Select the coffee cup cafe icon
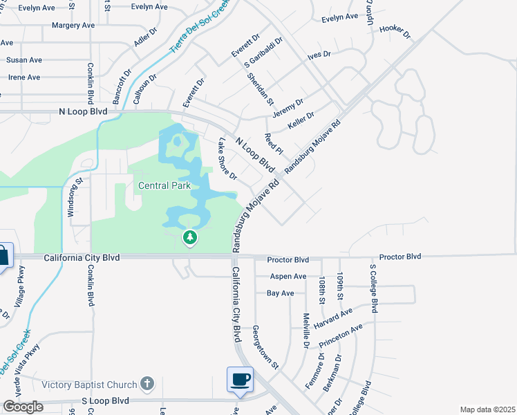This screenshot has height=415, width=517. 240,379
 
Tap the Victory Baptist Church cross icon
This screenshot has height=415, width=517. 147,384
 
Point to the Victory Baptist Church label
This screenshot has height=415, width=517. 89,385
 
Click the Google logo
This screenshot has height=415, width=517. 23,407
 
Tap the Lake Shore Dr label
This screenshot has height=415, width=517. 227,158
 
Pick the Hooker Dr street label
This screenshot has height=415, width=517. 395,33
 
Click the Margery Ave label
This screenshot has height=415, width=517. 73,26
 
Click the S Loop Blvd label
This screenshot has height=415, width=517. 105,400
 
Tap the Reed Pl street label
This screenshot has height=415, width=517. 274,144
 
